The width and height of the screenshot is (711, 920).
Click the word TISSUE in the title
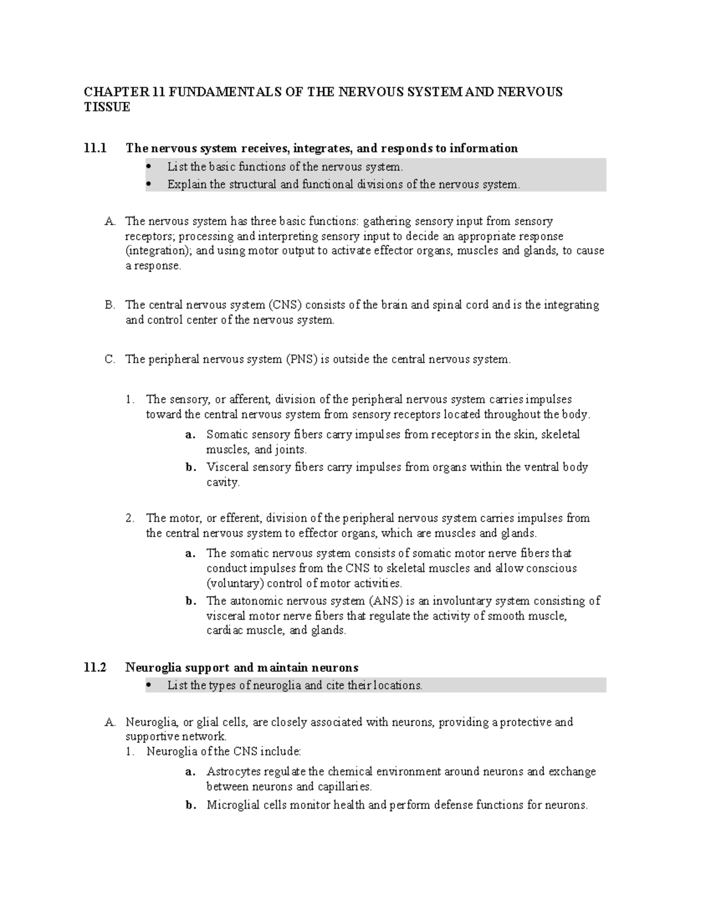[x=107, y=107]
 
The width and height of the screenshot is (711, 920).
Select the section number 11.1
[x=95, y=148]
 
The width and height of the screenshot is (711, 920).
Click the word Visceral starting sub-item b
[x=228, y=467]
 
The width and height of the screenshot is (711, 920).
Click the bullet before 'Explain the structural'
[x=148, y=184]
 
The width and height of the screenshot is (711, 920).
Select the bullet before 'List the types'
[x=148, y=685]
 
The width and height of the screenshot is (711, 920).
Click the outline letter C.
[x=109, y=360]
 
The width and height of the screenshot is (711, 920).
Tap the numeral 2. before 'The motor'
[x=131, y=518]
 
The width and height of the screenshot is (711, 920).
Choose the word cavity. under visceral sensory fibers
[x=223, y=482]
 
